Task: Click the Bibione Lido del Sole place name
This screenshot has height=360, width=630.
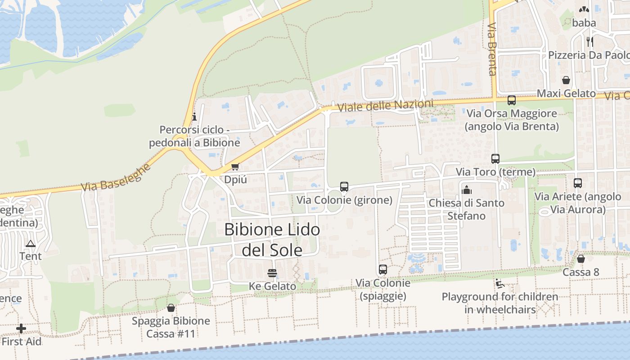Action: pos(272,239)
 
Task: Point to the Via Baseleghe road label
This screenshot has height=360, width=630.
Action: pos(117,177)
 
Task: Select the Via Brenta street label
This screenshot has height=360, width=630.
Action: pos(491,49)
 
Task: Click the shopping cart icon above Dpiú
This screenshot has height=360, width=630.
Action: pos(235,167)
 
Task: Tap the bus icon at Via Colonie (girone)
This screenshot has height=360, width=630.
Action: pos(344,186)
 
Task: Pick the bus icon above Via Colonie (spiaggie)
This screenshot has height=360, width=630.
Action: pos(383,270)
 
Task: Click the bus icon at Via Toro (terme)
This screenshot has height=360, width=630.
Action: pos(495,159)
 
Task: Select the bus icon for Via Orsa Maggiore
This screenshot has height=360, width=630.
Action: pos(512,100)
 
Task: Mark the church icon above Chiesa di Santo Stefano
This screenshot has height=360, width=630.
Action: pos(467,190)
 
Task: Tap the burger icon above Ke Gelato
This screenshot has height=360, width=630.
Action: pos(272,273)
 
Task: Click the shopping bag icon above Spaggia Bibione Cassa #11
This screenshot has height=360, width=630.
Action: pos(171,308)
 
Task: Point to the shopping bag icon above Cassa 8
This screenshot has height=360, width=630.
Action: pos(581,259)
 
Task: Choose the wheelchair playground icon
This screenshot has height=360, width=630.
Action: pos(499,283)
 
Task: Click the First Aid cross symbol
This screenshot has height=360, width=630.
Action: pos(21,328)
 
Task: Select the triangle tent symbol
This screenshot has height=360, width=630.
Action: pos(31,244)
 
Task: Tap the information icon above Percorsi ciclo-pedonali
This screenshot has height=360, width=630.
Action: pos(194,117)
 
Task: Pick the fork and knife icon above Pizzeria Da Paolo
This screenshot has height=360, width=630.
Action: pos(590,42)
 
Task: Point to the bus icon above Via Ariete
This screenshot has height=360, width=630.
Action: pos(578,183)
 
